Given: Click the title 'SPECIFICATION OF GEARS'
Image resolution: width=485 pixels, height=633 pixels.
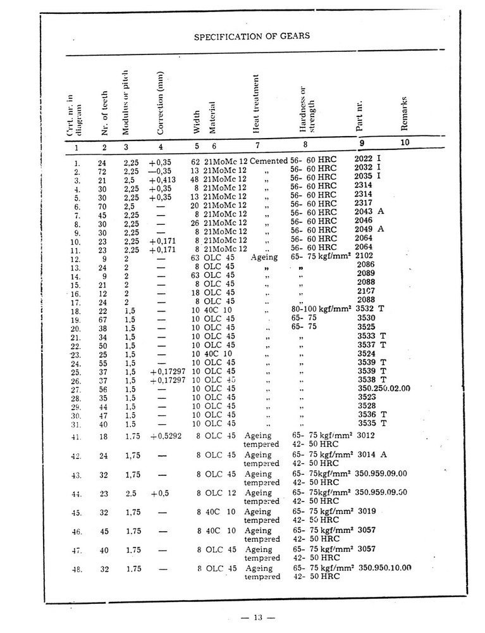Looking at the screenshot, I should coord(251,36).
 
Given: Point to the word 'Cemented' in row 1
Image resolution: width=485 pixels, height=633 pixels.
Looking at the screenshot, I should coord(268,161).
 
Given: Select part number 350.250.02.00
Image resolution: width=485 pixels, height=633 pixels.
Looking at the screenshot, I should coord(384,388).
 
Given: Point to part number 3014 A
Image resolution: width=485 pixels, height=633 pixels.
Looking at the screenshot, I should coord(372,454).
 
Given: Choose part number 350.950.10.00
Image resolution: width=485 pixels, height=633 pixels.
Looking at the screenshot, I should coord(384,568).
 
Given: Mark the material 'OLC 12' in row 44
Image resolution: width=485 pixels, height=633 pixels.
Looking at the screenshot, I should coord(219,493).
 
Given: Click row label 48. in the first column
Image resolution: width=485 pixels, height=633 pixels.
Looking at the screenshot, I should coord(77,569).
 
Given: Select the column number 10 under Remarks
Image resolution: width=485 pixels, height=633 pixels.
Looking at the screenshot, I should coord(405,143).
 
